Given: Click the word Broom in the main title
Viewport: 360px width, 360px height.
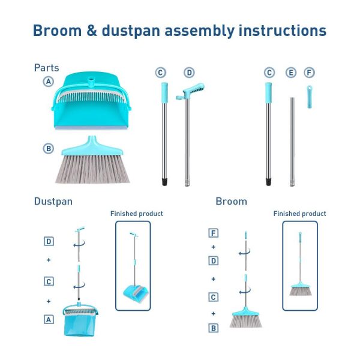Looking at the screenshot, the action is pos(57,31).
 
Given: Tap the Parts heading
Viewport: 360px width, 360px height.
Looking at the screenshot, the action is pos(47,68).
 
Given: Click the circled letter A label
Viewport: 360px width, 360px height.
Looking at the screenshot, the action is pos(49,82).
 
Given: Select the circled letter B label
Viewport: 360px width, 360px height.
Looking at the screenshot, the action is pos(49,149).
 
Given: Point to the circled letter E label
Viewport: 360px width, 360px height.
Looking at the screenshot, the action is pos(291,73).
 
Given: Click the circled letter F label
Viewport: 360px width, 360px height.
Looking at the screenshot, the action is pos(309,73).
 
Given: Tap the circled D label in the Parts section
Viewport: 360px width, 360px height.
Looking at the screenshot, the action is pos(189,73).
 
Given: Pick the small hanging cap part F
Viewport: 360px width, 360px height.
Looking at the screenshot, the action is pos(310,97).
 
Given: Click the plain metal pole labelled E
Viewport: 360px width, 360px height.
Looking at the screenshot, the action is pos(292,142).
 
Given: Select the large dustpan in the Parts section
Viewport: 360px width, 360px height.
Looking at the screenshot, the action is pos(91,101).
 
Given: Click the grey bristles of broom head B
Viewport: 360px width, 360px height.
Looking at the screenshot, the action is pos(92,169).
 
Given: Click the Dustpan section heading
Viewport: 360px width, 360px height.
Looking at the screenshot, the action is pos(53,202).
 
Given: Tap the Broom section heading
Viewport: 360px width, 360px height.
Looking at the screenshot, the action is pos(232,202).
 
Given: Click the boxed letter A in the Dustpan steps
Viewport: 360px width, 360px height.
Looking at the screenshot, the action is pos(49,319).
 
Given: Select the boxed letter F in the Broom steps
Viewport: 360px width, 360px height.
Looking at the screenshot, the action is pos(213,233).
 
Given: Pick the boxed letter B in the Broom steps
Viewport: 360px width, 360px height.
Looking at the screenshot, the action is pos(213,328).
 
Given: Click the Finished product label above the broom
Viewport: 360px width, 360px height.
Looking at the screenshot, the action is pos(299,214).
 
